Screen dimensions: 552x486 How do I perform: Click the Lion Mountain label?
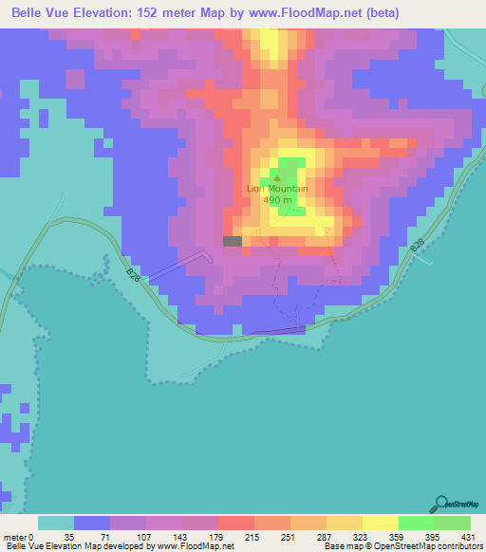(278, 188)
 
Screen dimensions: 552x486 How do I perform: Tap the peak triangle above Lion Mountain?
(278, 176)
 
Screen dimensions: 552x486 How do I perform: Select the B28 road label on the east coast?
(418, 247)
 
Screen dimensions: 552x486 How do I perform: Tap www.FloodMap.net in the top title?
(318, 13)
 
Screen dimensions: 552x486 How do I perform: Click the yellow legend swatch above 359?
(381, 523)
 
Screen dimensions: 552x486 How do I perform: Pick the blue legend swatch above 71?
(92, 523)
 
